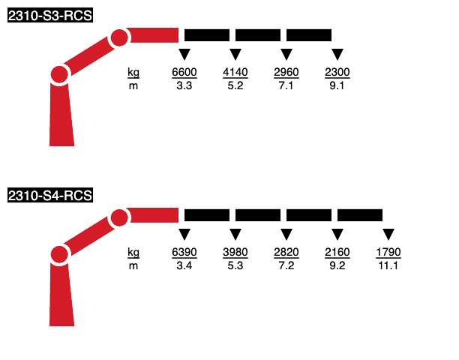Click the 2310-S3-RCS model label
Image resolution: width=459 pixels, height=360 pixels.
[x=50, y=15]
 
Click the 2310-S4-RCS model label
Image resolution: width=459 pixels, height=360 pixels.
[x=50, y=195]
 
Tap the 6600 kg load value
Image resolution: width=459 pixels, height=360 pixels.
[x=184, y=72]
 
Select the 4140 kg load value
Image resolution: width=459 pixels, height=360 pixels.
[x=235, y=72]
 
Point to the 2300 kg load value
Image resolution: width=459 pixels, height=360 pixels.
[x=337, y=72]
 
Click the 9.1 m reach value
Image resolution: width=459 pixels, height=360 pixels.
[x=337, y=85]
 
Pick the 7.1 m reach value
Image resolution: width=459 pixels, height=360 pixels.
[x=286, y=85]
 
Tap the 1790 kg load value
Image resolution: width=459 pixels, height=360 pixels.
[x=388, y=252]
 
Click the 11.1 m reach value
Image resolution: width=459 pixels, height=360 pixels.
[x=388, y=265]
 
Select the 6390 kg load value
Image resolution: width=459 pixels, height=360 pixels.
[x=184, y=252]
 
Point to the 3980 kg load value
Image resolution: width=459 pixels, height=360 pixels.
[x=235, y=252]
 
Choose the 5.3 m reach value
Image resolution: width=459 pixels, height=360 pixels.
[x=235, y=265]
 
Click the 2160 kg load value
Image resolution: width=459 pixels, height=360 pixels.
[x=337, y=252]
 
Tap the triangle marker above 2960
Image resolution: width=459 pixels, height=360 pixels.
[x=286, y=53]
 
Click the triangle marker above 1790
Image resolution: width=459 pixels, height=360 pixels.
[x=388, y=233]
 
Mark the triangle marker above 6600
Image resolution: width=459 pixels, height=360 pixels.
[x=184, y=53]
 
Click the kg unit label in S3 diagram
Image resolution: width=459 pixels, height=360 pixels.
[x=133, y=73]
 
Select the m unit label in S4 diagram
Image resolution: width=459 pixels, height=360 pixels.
[x=133, y=266]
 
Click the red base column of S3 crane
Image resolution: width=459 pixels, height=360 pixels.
[x=61, y=115]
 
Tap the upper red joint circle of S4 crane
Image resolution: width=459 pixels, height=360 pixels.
[x=119, y=217]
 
